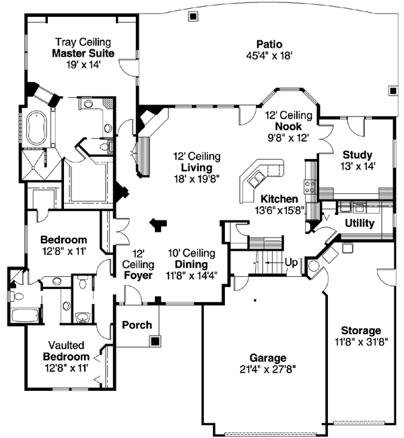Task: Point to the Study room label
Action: tap(357, 154)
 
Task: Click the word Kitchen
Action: tap(279, 199)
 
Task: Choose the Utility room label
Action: tap(360, 223)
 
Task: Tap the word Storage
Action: tap(360, 330)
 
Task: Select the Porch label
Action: tap(136, 325)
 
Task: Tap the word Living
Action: tap(196, 167)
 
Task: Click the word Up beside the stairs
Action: tap(292, 261)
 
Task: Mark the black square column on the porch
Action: tap(156, 341)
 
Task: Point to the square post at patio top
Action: tap(193, 15)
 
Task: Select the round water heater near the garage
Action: tap(314, 265)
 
